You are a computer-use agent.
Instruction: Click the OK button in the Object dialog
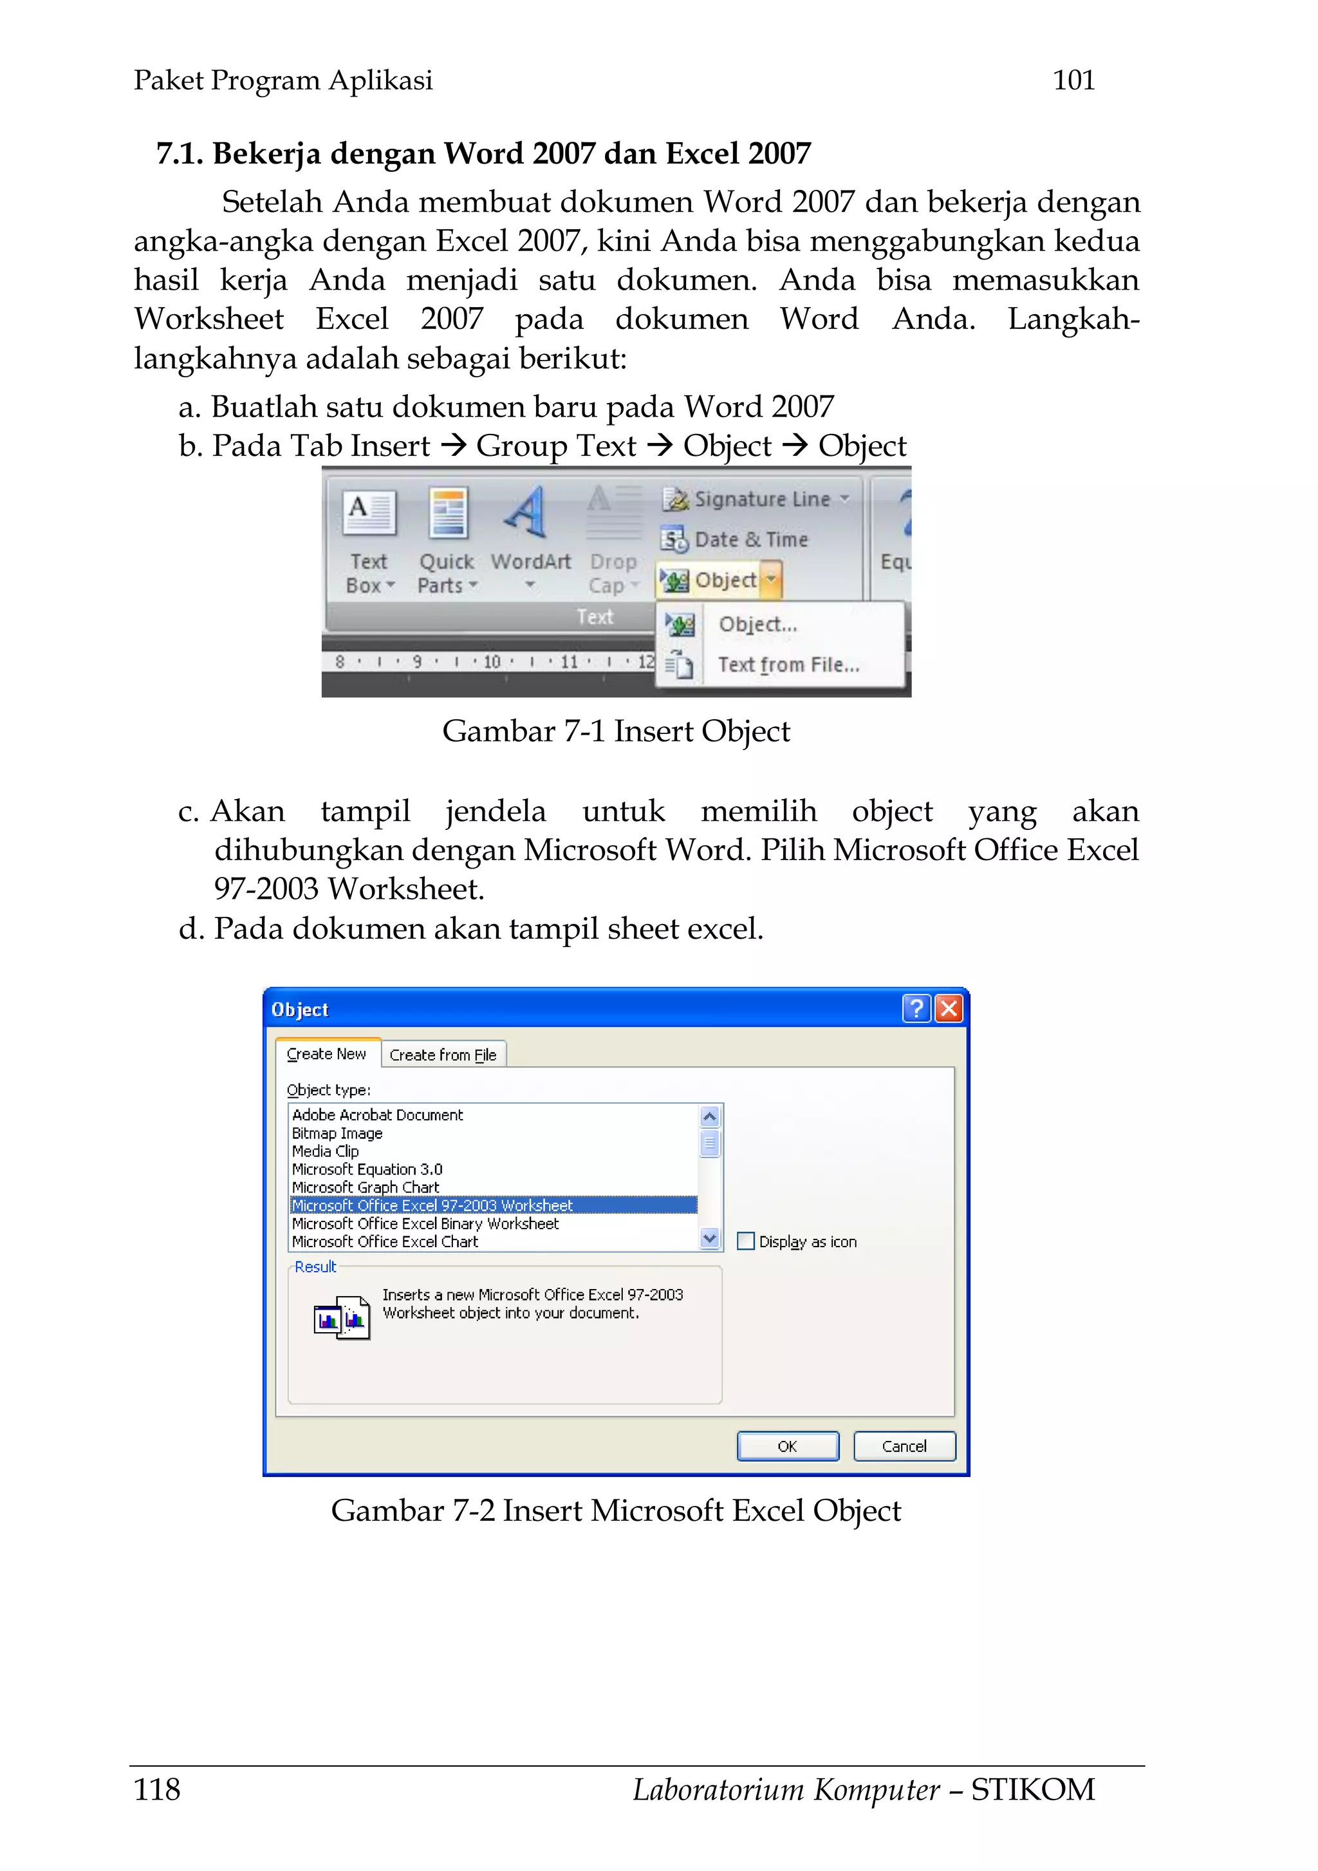coord(787,1447)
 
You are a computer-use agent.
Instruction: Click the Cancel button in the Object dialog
coord(904,1447)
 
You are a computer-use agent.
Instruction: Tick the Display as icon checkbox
coord(745,1241)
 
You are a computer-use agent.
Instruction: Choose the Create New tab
coord(327,1054)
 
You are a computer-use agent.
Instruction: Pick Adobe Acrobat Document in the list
coord(377,1114)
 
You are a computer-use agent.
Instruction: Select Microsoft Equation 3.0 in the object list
coord(367,1169)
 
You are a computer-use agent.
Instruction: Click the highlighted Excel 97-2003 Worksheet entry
coord(432,1205)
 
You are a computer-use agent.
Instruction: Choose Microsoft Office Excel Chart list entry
coord(384,1242)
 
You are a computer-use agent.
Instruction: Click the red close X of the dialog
coord(948,1009)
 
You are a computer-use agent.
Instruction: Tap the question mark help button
coord(916,1009)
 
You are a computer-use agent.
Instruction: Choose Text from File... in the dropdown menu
coord(788,665)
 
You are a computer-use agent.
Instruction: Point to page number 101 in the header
coord(1073,80)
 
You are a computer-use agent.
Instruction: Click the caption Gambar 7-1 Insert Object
coord(616,731)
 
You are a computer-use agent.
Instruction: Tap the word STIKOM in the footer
coord(1032,1789)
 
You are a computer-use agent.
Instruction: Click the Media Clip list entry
coord(325,1151)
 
